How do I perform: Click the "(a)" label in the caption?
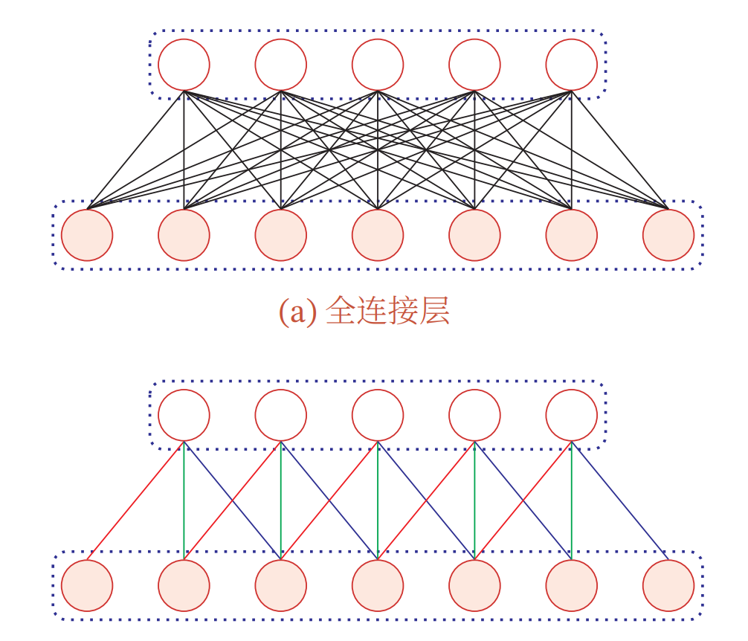tap(291, 312)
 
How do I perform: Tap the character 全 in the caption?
tap(340, 312)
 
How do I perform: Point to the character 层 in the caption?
tap(435, 312)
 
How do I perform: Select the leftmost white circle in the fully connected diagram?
tap(184, 65)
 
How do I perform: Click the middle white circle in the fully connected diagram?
tap(378, 65)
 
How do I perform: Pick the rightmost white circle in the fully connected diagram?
tap(571, 65)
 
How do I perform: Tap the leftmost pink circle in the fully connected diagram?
tap(87, 235)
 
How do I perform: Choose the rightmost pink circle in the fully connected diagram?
tap(668, 235)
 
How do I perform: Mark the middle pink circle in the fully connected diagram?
tap(378, 235)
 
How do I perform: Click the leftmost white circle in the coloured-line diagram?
tap(184, 415)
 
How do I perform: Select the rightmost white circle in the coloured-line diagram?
tap(571, 415)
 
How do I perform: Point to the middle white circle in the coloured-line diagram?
tap(378, 415)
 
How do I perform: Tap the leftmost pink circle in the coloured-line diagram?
tap(87, 585)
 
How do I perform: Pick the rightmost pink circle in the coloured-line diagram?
tap(668, 585)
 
